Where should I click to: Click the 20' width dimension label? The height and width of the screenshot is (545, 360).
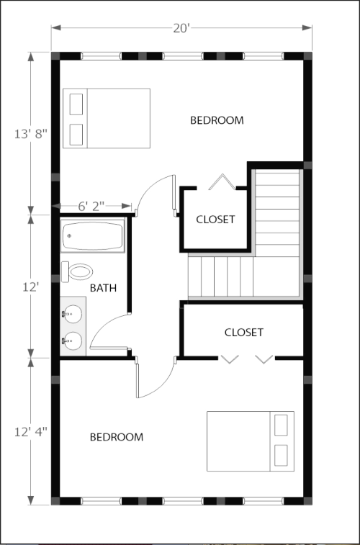point(181,28)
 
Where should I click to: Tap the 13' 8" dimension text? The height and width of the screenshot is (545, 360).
point(30,134)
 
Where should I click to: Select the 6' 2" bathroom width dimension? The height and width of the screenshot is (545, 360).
point(91,207)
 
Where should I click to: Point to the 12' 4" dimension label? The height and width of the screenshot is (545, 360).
point(30,432)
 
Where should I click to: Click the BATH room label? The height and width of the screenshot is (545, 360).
point(103,288)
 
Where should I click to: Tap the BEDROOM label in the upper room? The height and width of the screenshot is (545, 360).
point(217,120)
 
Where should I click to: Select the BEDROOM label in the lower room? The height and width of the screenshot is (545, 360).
point(117,437)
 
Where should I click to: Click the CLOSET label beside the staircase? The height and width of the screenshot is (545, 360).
point(215,220)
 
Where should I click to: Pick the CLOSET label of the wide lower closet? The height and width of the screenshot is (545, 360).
point(243,333)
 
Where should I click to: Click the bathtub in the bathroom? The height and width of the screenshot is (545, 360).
point(92,235)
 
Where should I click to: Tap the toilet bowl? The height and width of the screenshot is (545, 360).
point(81,271)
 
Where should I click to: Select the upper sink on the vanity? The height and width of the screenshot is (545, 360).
point(73,314)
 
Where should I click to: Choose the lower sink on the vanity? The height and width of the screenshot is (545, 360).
point(73,341)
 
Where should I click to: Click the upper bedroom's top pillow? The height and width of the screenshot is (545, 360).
point(76,104)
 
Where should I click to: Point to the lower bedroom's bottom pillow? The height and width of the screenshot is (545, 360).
point(281,455)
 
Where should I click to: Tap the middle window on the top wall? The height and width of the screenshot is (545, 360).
point(182,56)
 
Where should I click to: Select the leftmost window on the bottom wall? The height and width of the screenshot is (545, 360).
point(101,501)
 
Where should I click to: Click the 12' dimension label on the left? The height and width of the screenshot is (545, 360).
point(30,287)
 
